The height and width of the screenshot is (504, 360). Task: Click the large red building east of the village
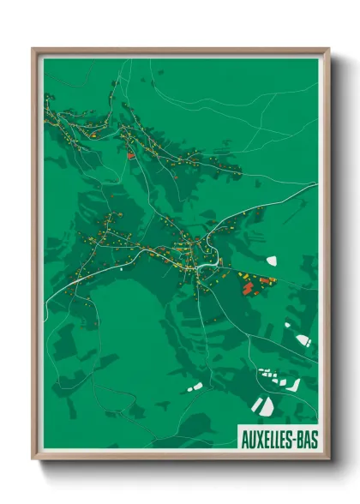249,289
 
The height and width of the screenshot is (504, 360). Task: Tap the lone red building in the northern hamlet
130,155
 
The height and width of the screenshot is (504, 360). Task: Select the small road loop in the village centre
205,268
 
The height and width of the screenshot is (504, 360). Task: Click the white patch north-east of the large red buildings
272,259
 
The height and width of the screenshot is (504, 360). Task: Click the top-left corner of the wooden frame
33,50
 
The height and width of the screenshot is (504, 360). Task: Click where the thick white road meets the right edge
317,183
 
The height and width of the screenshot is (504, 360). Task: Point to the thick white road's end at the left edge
45,302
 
